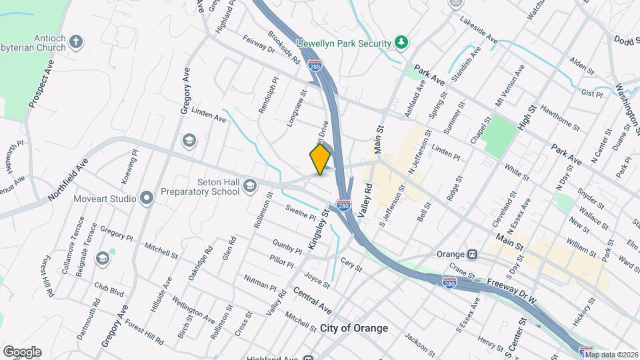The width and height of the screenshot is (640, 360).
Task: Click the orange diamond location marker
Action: coord(320,159)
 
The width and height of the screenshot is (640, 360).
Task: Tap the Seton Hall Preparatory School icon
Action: coord(249,185)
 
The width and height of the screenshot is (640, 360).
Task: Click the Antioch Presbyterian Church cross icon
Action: coord(77,42)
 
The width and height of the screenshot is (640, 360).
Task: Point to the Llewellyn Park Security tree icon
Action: coord(401,43)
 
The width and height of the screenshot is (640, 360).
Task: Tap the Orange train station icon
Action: coord(472,254)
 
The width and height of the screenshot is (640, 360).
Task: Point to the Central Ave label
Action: coord(312,301)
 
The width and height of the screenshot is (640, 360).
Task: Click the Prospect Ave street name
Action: coord(41,85)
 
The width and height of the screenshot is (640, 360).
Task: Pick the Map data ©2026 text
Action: coord(611,355)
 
